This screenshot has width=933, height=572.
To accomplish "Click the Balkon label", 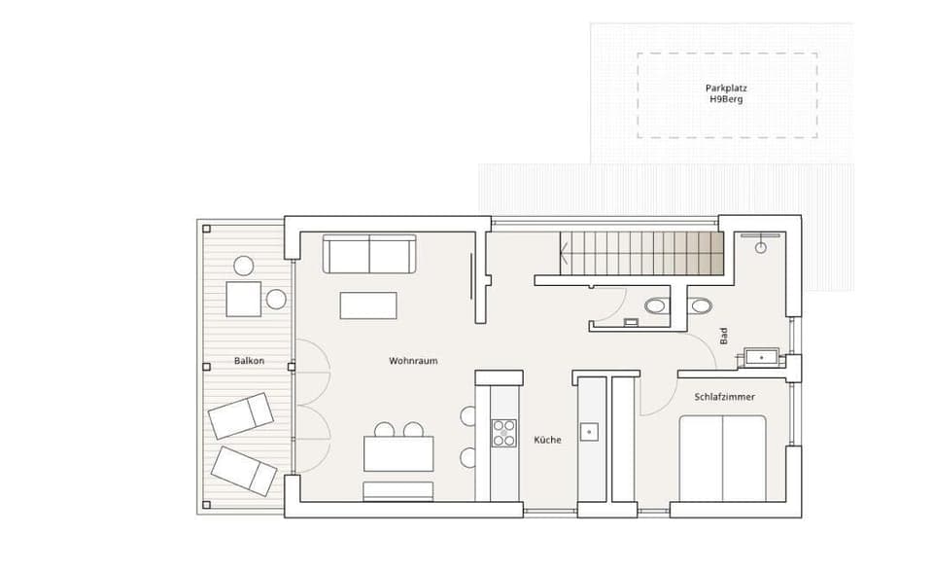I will coord(249,361).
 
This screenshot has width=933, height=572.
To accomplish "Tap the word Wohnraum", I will coord(413,361).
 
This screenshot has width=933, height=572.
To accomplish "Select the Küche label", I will coord(547,440).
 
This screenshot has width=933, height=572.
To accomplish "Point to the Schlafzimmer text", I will coord(724,397).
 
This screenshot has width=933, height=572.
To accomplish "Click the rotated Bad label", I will coord(723,337).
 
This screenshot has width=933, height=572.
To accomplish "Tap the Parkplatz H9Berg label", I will coord(726,93).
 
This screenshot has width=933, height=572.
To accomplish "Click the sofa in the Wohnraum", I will coord(369,255).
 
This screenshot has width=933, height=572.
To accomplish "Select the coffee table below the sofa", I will coord(368,305).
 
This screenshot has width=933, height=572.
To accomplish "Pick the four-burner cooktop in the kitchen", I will coord(504,432).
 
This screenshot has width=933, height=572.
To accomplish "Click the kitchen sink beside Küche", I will coord(588,430).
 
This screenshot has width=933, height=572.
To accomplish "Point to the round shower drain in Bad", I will coord(760,247).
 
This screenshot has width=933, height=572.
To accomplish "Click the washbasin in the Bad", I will coord(760,357).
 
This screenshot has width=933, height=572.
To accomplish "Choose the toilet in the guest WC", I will coord(657,306).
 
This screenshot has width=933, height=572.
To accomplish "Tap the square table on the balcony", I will coord(244,299).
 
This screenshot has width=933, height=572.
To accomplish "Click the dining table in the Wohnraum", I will coord(398,453).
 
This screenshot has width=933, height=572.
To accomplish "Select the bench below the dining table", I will coord(398,489).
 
